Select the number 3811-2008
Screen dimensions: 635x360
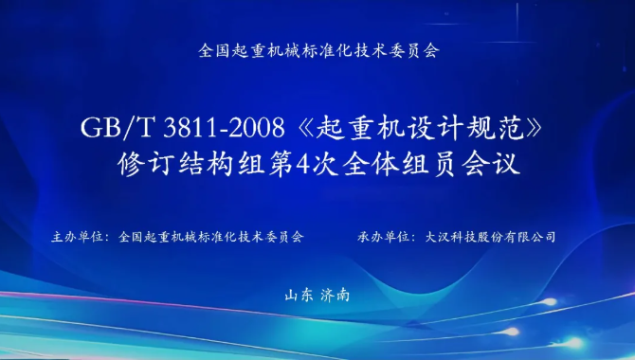(x=224, y=128)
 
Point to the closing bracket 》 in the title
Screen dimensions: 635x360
(x=534, y=128)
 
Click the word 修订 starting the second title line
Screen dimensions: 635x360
(x=146, y=164)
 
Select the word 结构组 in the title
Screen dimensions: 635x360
(x=222, y=164)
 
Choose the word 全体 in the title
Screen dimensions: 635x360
(x=371, y=164)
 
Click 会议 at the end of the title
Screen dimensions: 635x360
(x=491, y=164)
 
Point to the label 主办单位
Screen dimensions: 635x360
(x=77, y=237)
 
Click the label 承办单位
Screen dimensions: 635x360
(x=383, y=237)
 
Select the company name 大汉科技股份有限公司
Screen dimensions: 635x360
(x=490, y=237)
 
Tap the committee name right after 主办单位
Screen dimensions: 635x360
(x=210, y=237)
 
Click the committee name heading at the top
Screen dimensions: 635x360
(x=318, y=50)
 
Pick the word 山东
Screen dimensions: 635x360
(x=299, y=296)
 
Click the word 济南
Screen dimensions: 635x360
(x=335, y=296)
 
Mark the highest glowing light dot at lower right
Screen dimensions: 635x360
(x=549, y=301)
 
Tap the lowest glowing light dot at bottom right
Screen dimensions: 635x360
(x=574, y=343)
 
